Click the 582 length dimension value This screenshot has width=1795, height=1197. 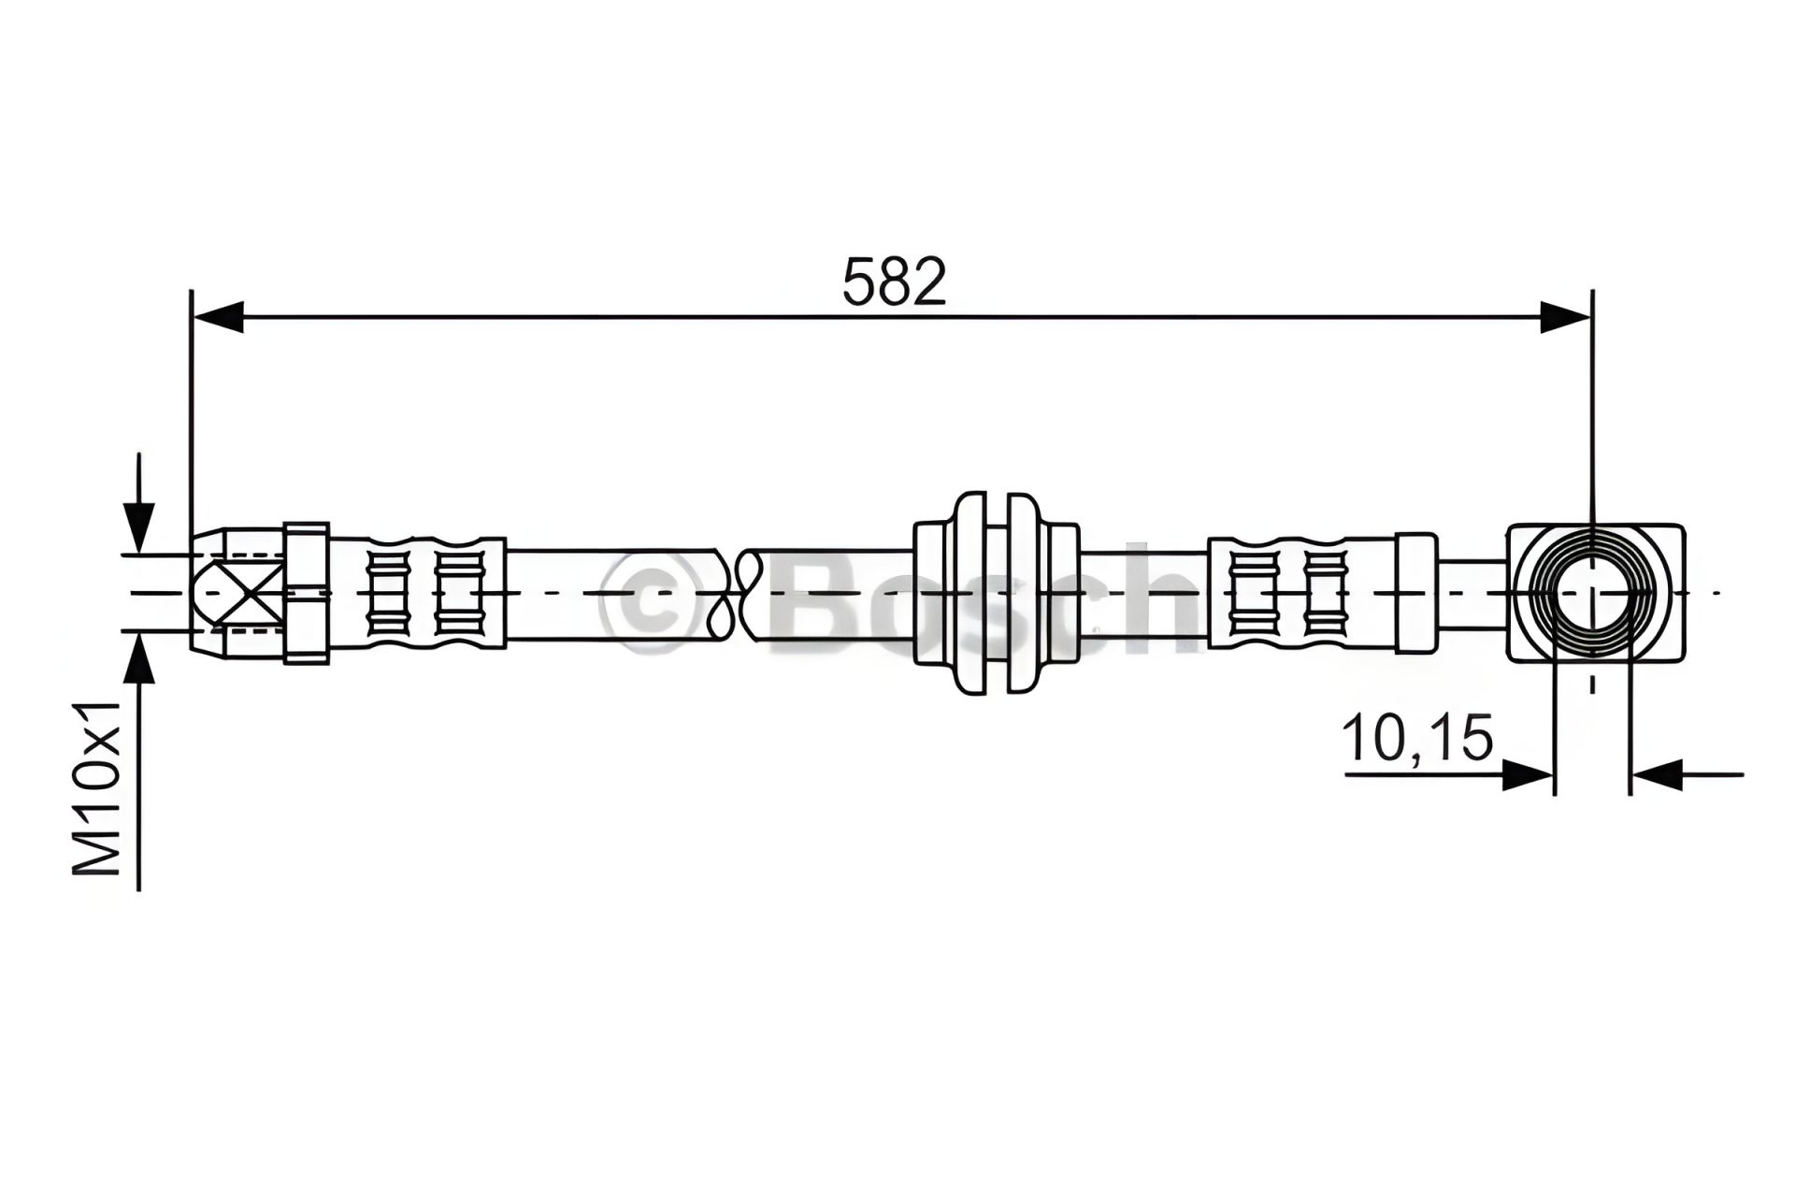click(895, 281)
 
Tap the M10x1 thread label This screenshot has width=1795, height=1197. click(97, 787)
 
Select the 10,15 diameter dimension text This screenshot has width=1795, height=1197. click(1417, 738)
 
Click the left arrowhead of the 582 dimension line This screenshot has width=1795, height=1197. click(217, 317)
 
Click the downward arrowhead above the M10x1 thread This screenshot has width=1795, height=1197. click(138, 527)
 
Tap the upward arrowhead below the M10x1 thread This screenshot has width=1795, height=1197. click(138, 659)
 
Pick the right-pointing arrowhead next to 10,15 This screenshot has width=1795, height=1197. click(1528, 774)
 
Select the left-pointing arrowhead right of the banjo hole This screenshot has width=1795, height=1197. click(1657, 774)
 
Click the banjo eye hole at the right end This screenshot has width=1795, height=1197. click(1591, 593)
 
